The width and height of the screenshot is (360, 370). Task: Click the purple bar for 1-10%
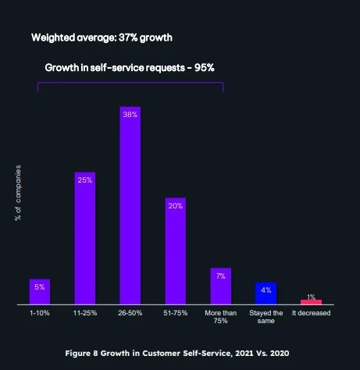click(x=40, y=291)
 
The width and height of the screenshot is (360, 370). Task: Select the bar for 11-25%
click(x=85, y=237)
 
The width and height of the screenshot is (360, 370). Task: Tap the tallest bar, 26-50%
click(x=130, y=205)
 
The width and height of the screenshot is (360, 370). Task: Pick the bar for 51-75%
click(x=176, y=251)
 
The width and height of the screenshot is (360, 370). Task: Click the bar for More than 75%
click(x=221, y=286)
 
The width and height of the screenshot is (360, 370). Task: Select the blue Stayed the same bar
click(x=266, y=294)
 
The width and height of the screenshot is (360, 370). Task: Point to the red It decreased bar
click(x=311, y=301)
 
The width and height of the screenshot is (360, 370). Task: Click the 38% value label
click(x=130, y=114)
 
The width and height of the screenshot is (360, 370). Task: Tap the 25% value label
click(x=85, y=180)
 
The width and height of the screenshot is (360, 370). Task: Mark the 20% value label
click(x=176, y=206)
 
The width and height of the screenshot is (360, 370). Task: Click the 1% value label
click(x=311, y=297)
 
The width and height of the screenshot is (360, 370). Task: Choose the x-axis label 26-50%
click(x=130, y=313)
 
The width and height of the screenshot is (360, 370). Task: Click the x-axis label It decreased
click(x=311, y=313)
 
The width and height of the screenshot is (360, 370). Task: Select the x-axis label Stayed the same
click(x=266, y=316)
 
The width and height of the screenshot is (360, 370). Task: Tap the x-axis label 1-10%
click(x=40, y=313)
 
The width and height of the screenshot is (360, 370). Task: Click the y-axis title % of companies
click(x=18, y=193)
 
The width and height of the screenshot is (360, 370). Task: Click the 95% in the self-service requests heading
click(x=202, y=67)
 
